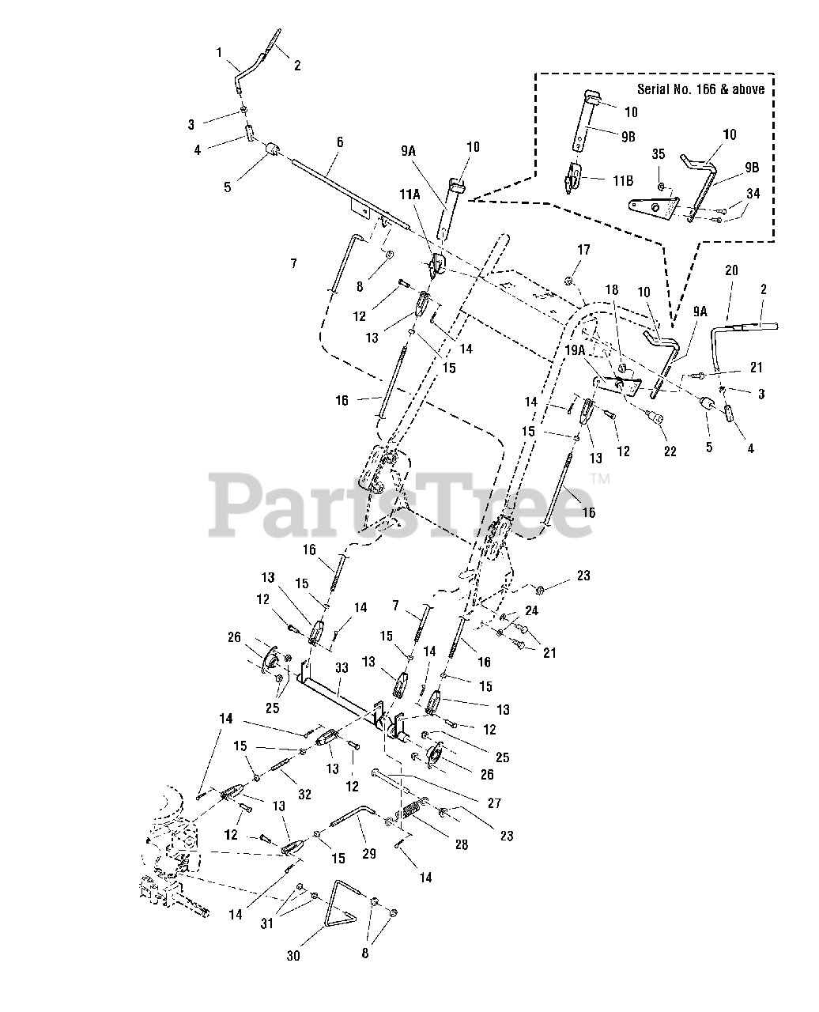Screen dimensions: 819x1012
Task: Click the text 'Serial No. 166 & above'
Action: point(700,89)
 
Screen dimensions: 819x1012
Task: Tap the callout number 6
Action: point(340,142)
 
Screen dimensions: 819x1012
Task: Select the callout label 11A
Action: point(409,194)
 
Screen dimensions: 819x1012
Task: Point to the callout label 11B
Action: point(623,180)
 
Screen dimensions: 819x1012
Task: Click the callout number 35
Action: point(659,154)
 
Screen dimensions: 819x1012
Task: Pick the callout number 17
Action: point(584,249)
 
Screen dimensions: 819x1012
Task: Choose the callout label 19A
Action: point(575,350)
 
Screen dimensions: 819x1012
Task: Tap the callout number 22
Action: point(670,451)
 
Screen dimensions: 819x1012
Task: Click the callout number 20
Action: point(731,270)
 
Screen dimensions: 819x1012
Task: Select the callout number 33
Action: point(342,667)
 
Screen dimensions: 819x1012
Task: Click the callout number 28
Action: point(462,844)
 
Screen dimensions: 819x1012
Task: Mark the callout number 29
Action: point(369,854)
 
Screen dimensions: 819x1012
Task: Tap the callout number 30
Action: point(293,955)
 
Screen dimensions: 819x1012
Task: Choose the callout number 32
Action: point(304,794)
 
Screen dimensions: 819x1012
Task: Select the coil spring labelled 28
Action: point(411,813)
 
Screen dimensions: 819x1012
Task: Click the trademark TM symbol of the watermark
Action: point(600,478)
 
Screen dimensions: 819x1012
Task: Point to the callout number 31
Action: point(267,923)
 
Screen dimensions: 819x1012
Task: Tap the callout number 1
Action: point(219,52)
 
